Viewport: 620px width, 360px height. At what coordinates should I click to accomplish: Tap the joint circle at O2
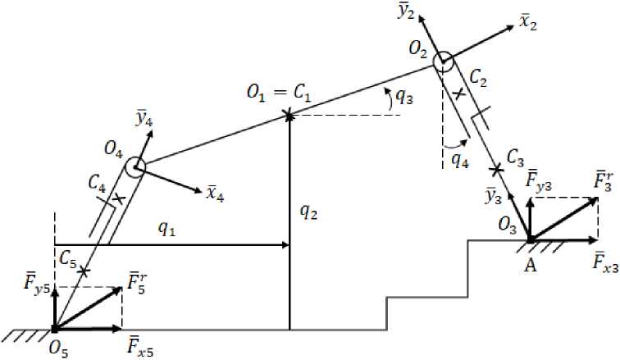coord(443,60)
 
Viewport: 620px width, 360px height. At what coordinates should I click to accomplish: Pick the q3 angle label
coord(404,98)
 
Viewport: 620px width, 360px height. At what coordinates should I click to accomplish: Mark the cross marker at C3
coord(495,170)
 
